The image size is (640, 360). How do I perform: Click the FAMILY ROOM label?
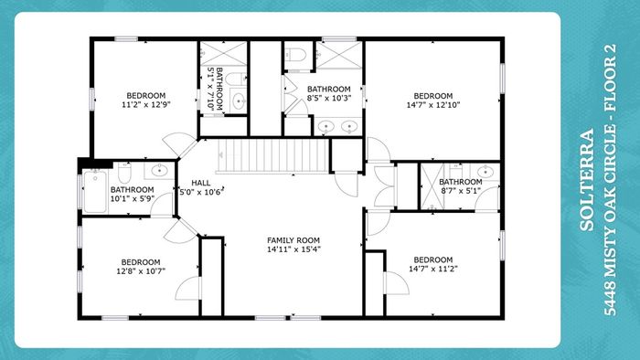pyautogui.click(x=293, y=240)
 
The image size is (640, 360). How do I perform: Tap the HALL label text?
pyautogui.click(x=201, y=183)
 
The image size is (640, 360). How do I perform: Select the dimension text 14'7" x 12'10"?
pyautogui.click(x=433, y=105)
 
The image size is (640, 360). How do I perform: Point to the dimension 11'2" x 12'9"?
pyautogui.click(x=145, y=104)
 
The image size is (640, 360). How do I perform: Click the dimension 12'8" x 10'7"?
pyautogui.click(x=141, y=270)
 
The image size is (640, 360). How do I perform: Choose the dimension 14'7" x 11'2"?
pyautogui.click(x=433, y=269)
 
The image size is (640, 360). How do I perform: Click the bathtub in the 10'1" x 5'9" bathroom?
pyautogui.click(x=95, y=192)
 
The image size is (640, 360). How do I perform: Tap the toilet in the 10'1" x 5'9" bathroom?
pyautogui.click(x=124, y=173)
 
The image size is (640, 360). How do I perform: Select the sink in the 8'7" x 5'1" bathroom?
pyautogui.click(x=485, y=172)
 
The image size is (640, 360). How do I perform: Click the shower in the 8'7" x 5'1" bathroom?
pyautogui.click(x=432, y=186)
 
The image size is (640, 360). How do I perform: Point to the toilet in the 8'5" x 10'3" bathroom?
pyautogui.click(x=294, y=55)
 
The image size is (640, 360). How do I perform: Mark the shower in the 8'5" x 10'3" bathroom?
pyautogui.click(x=339, y=55)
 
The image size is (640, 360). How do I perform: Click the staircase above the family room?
pyautogui.click(x=273, y=156)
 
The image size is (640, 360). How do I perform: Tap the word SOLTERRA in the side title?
pyautogui.click(x=587, y=180)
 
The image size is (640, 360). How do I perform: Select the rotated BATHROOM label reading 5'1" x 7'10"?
pyautogui.click(x=219, y=89)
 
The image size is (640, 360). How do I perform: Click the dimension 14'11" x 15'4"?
pyautogui.click(x=293, y=249)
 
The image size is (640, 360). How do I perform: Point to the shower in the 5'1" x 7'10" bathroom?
pyautogui.click(x=223, y=53)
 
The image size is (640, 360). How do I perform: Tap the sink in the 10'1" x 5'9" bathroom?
pyautogui.click(x=160, y=171)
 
